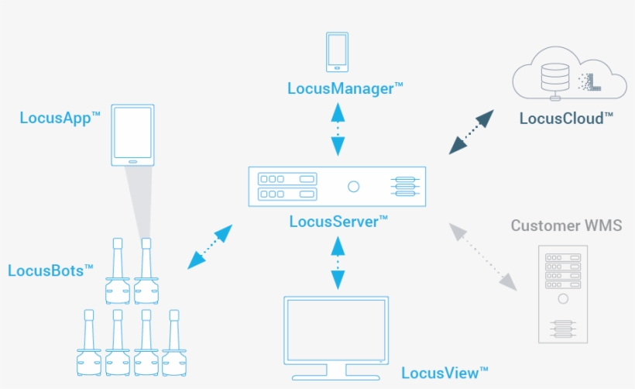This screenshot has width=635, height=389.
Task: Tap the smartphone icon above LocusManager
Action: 337,50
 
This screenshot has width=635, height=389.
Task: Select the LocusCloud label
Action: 566,119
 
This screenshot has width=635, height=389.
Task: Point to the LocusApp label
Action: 60,119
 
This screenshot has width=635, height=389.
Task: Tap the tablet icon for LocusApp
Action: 132,135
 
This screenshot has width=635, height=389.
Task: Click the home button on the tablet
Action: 132,162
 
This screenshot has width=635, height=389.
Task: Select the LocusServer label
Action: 338,222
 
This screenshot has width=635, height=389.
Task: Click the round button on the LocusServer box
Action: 354,186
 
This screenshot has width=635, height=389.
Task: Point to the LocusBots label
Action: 50,270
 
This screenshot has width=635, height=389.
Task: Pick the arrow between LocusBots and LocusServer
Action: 210,247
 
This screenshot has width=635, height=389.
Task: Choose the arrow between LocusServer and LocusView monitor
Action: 337,263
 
